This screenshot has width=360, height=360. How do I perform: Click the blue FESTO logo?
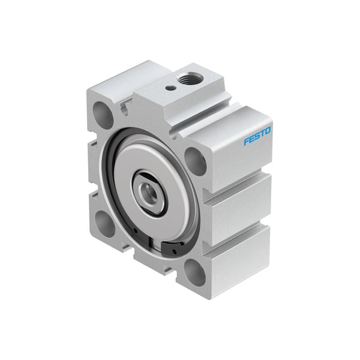(x=257, y=136)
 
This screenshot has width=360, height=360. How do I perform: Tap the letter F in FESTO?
(x=247, y=141)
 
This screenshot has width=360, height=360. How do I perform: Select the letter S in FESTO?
(x=257, y=136)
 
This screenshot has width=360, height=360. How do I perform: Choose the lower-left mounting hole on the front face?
(x=104, y=224)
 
